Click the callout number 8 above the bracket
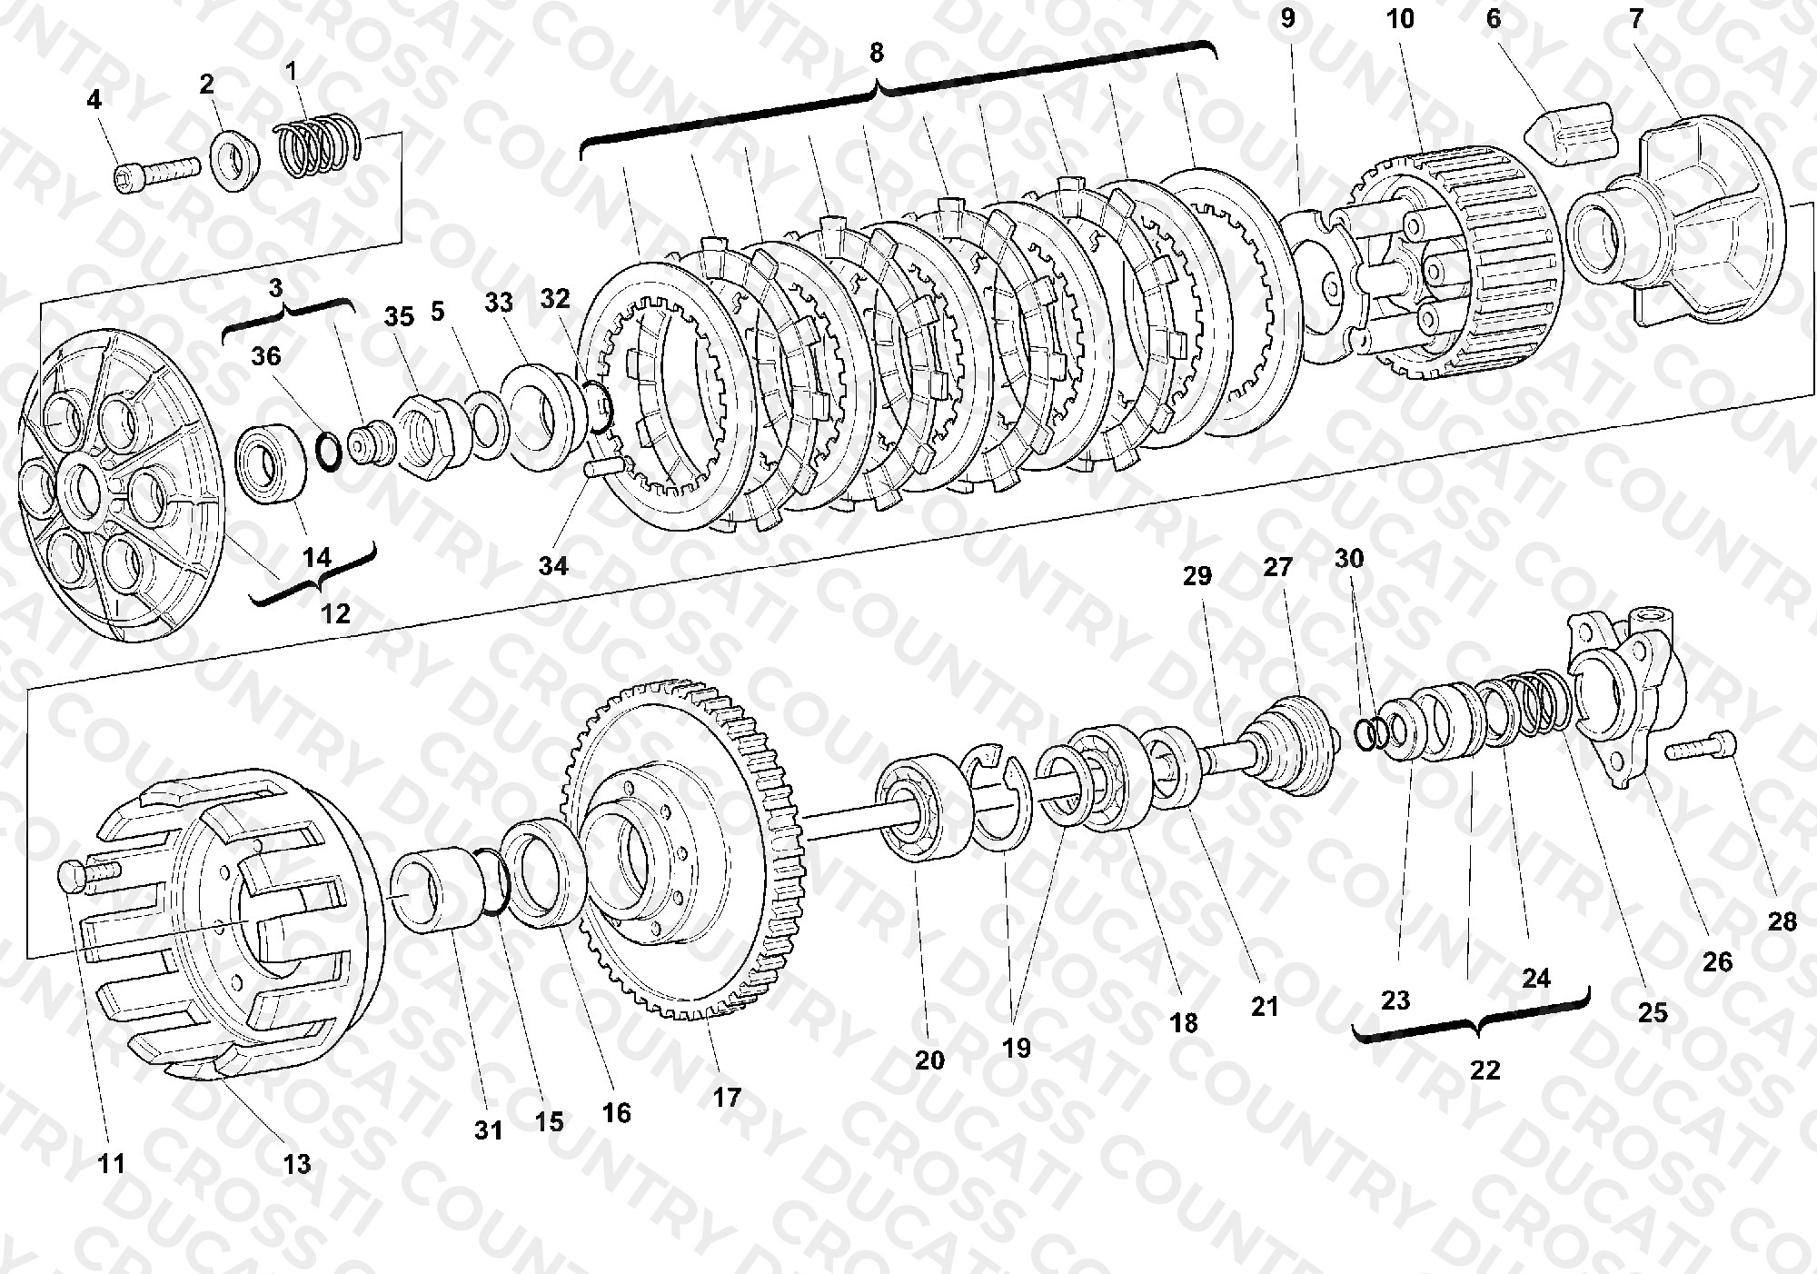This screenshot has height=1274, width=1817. (x=876, y=53)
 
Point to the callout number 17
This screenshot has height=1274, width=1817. (x=727, y=1097)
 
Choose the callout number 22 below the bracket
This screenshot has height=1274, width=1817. (x=1484, y=1070)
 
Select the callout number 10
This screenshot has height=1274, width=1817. (x=1401, y=18)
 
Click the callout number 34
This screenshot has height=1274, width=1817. (x=553, y=566)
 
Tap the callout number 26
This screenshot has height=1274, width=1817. (x=1717, y=961)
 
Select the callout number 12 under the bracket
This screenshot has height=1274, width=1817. (x=335, y=613)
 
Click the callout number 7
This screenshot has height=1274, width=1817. (x=1636, y=19)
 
